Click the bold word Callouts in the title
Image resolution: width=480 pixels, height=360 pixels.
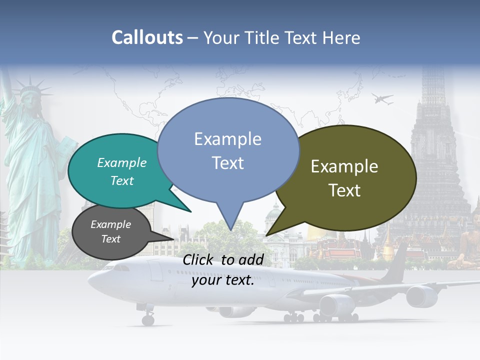coord(147,37)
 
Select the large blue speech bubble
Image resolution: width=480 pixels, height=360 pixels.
coord(228,150)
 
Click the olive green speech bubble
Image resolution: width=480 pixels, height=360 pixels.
coord(350,177)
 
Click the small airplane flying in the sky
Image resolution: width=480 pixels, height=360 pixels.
coord(382,99)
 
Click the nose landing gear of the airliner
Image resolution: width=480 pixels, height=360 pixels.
coord(148,318)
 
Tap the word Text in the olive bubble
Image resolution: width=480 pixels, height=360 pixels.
coord(345,190)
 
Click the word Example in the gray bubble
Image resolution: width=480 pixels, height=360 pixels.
coord(111,224)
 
